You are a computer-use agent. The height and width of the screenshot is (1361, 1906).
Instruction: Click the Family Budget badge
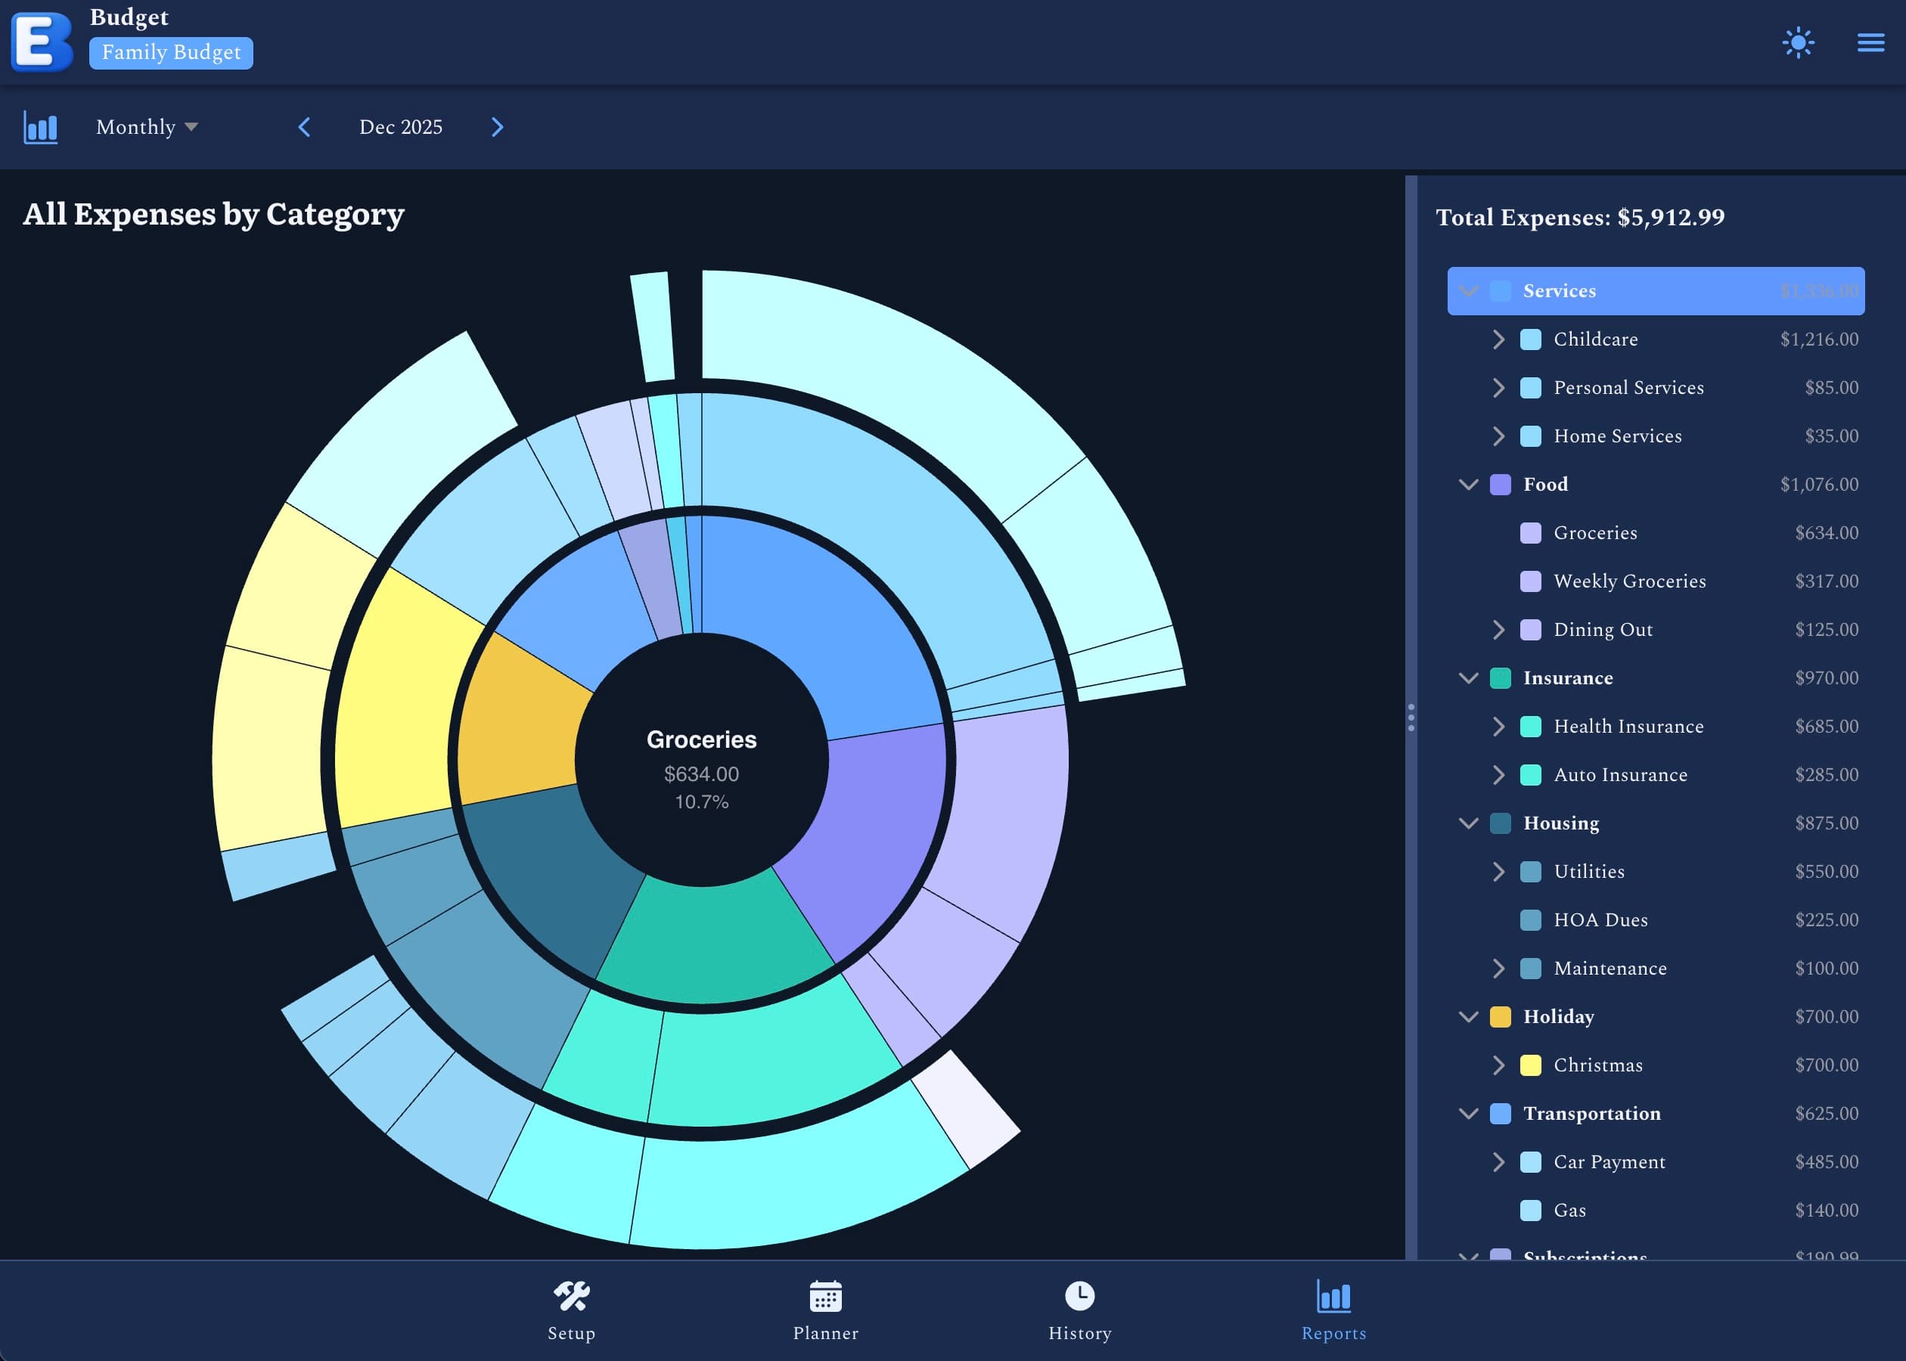pyautogui.click(x=171, y=53)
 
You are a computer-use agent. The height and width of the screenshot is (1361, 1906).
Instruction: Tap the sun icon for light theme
pyautogui.click(x=1798, y=43)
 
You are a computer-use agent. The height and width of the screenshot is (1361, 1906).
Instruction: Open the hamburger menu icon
pyautogui.click(x=1870, y=43)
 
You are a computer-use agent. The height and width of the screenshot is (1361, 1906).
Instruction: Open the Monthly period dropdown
pyautogui.click(x=147, y=127)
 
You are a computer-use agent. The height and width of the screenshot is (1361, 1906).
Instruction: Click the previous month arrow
pyautogui.click(x=304, y=127)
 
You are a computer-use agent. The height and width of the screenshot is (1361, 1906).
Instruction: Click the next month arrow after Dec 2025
pyautogui.click(x=497, y=127)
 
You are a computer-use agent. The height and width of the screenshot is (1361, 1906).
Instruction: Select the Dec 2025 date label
pyautogui.click(x=401, y=127)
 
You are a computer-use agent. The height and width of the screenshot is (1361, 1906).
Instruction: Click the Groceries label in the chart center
pyautogui.click(x=702, y=739)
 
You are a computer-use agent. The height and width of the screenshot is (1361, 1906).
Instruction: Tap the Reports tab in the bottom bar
pyautogui.click(x=1333, y=1310)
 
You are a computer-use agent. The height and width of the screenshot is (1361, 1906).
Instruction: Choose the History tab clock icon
pyautogui.click(x=1079, y=1296)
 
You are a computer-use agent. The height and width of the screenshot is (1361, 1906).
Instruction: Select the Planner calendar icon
pyautogui.click(x=826, y=1297)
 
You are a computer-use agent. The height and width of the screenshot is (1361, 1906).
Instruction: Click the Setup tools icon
pyautogui.click(x=572, y=1297)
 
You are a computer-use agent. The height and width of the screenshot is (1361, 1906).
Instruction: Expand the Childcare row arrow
pyautogui.click(x=1498, y=339)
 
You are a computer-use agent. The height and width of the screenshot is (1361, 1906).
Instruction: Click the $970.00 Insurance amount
pyautogui.click(x=1827, y=678)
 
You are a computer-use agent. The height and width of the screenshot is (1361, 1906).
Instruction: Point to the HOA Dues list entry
pyautogui.click(x=1600, y=920)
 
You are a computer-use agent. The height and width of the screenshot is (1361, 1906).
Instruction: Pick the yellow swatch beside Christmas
pyautogui.click(x=1531, y=1065)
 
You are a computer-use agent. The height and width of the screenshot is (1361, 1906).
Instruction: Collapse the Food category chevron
pyautogui.click(x=1469, y=485)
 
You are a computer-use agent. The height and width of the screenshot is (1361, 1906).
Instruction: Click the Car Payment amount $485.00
pyautogui.click(x=1827, y=1161)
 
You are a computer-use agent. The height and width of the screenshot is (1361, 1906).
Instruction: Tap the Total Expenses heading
pyautogui.click(x=1580, y=218)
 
